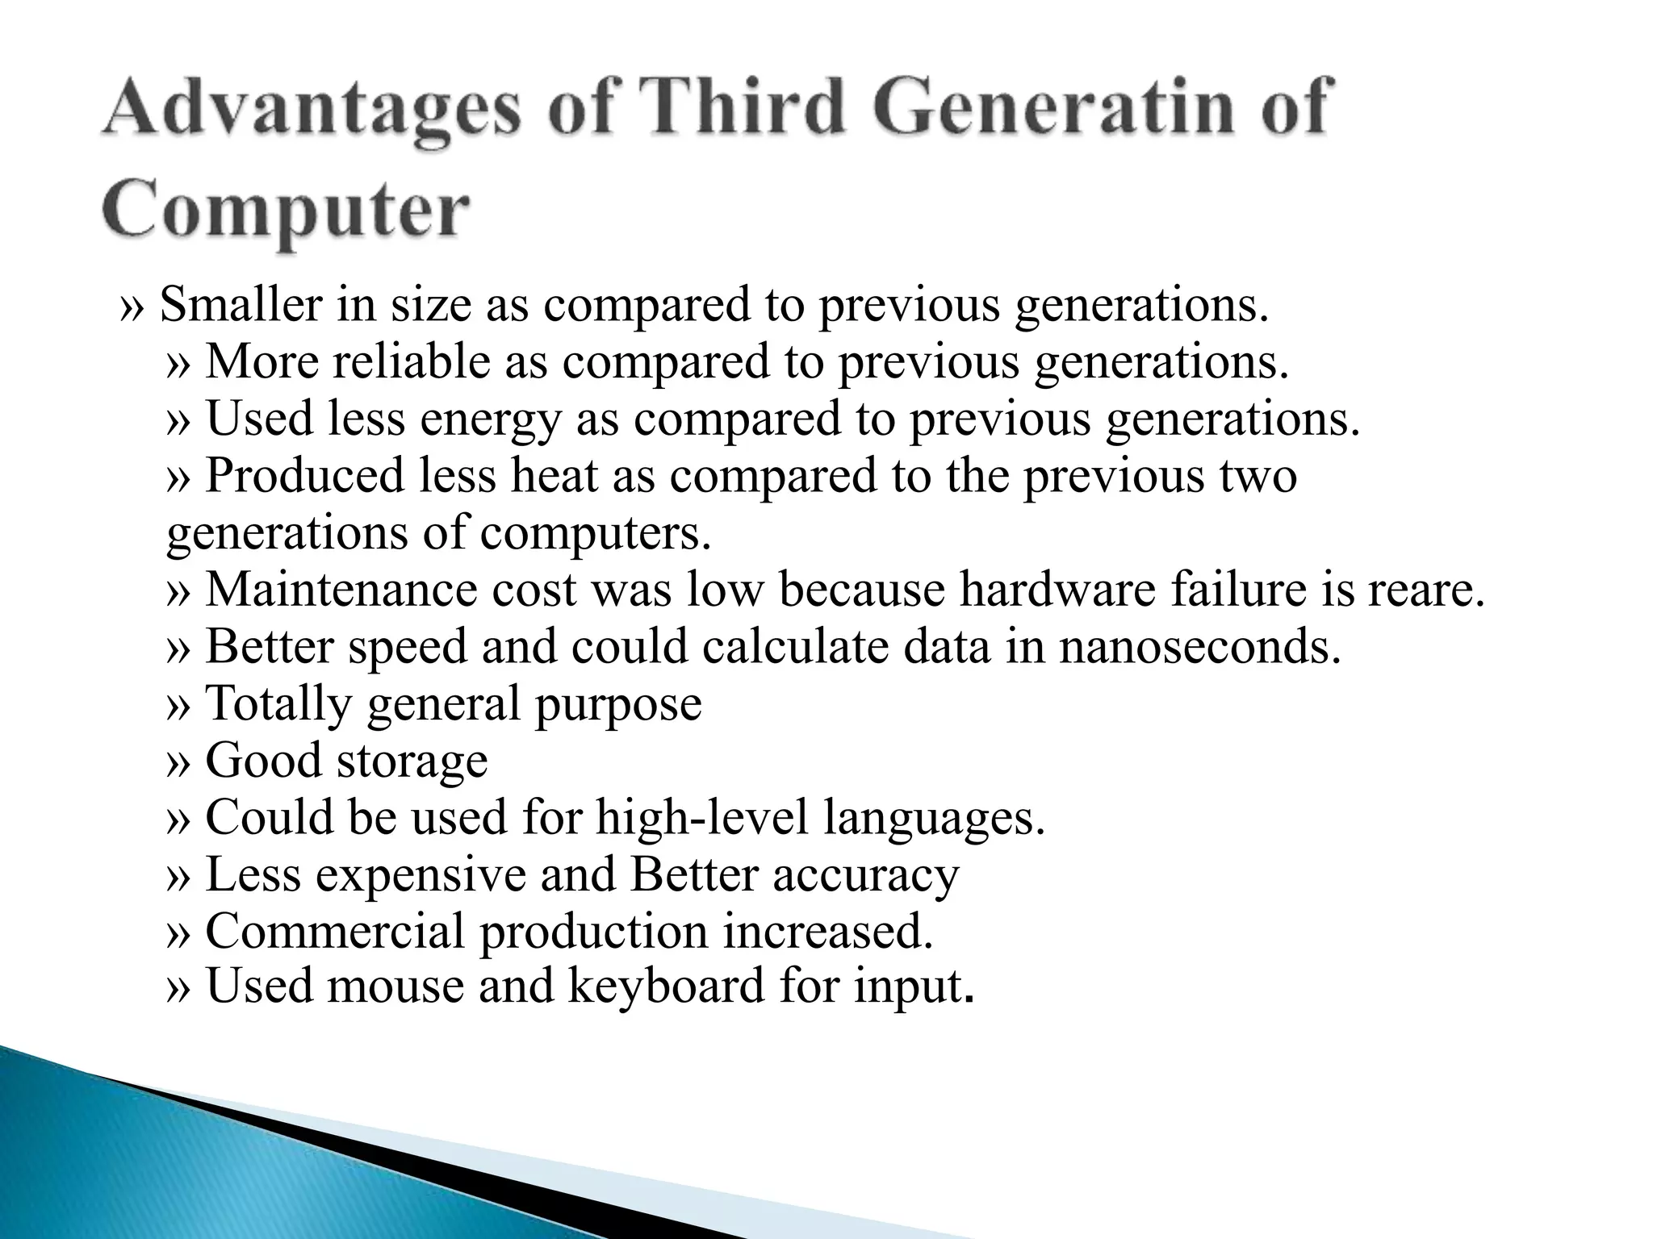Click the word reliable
click(x=411, y=361)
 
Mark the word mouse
click(x=395, y=987)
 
